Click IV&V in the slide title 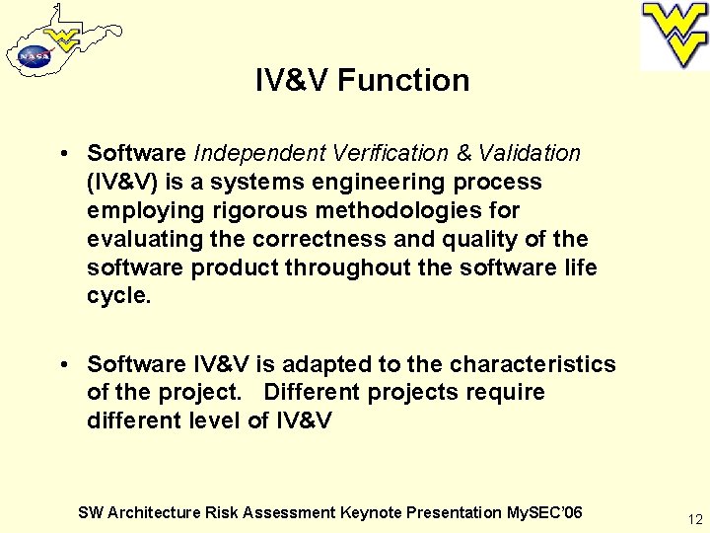[x=291, y=80]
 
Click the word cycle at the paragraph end [x=117, y=296]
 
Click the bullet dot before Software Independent [x=63, y=154]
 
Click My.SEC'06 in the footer [x=543, y=512]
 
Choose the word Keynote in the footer [x=370, y=512]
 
